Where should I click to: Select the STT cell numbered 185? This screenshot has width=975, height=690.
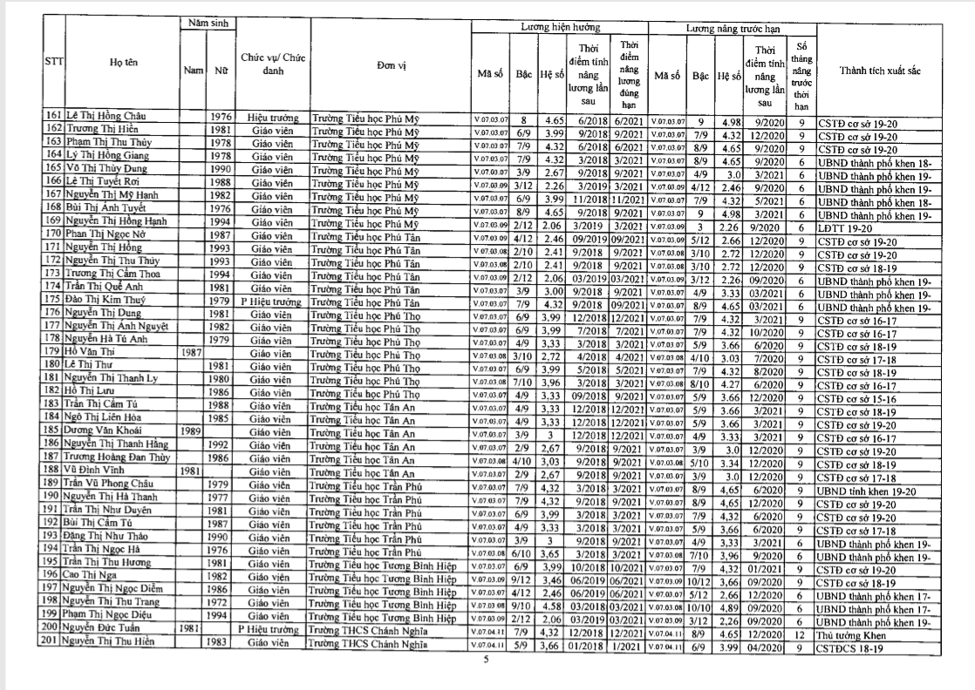point(51,430)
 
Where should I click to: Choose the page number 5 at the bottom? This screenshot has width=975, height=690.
point(487,660)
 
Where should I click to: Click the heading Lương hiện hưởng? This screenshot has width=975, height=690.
point(558,28)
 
